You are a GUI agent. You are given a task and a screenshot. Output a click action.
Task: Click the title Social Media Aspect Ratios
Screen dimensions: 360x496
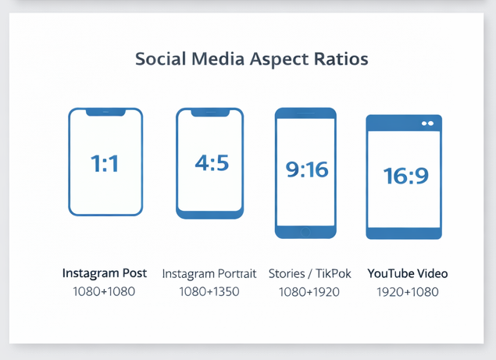pyautogui.click(x=252, y=59)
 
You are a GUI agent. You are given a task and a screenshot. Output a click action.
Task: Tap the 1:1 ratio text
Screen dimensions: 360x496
pyautogui.click(x=105, y=164)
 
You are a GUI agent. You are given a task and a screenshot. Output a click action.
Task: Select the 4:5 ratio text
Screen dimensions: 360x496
pyautogui.click(x=211, y=163)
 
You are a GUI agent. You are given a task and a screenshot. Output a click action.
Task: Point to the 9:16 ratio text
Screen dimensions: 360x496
pyautogui.click(x=307, y=169)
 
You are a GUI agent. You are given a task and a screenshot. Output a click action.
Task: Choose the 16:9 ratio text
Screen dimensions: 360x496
pyautogui.click(x=405, y=176)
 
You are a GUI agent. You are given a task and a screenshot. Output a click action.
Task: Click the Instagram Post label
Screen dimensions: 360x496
pyautogui.click(x=105, y=273)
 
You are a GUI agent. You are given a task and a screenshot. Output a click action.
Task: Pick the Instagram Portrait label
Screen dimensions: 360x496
pyautogui.click(x=209, y=274)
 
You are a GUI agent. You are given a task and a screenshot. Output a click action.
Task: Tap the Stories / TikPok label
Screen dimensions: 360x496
pyautogui.click(x=309, y=274)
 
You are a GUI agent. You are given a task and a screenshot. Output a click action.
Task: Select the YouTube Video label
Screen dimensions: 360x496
pyautogui.click(x=408, y=273)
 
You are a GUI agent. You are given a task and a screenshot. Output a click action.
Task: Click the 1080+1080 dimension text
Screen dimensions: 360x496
pyautogui.click(x=105, y=292)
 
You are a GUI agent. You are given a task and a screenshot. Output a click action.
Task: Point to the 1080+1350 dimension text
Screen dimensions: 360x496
pyautogui.click(x=209, y=292)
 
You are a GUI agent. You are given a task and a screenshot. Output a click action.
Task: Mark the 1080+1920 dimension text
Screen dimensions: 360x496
pyautogui.click(x=309, y=292)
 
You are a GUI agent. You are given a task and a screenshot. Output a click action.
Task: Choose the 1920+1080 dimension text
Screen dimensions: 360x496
pyautogui.click(x=408, y=292)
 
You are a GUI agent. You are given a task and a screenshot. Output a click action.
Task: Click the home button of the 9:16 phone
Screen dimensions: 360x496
pyautogui.click(x=305, y=231)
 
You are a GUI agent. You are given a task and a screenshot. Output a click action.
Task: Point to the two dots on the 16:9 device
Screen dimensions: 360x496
pyautogui.click(x=427, y=123)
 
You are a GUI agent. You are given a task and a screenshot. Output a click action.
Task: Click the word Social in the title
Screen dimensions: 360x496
pyautogui.click(x=160, y=59)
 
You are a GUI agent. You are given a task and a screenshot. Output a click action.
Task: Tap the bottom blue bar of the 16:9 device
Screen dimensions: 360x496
pyautogui.click(x=404, y=232)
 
